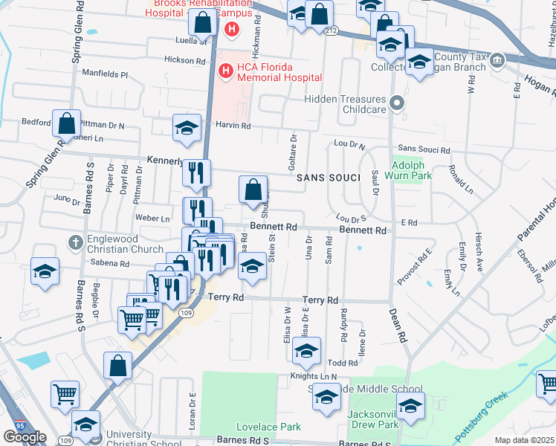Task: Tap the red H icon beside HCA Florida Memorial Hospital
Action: click(x=224, y=71)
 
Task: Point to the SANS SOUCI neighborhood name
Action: click(x=328, y=178)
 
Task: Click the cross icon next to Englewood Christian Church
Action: click(x=75, y=242)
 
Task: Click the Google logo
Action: click(x=25, y=437)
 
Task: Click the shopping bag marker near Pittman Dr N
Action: click(x=66, y=123)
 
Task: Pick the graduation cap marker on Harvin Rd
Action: click(x=187, y=127)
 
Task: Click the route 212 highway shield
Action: click(x=331, y=30)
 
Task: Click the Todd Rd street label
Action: click(x=343, y=363)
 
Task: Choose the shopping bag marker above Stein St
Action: click(x=253, y=189)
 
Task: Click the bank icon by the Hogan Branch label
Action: click(x=497, y=59)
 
